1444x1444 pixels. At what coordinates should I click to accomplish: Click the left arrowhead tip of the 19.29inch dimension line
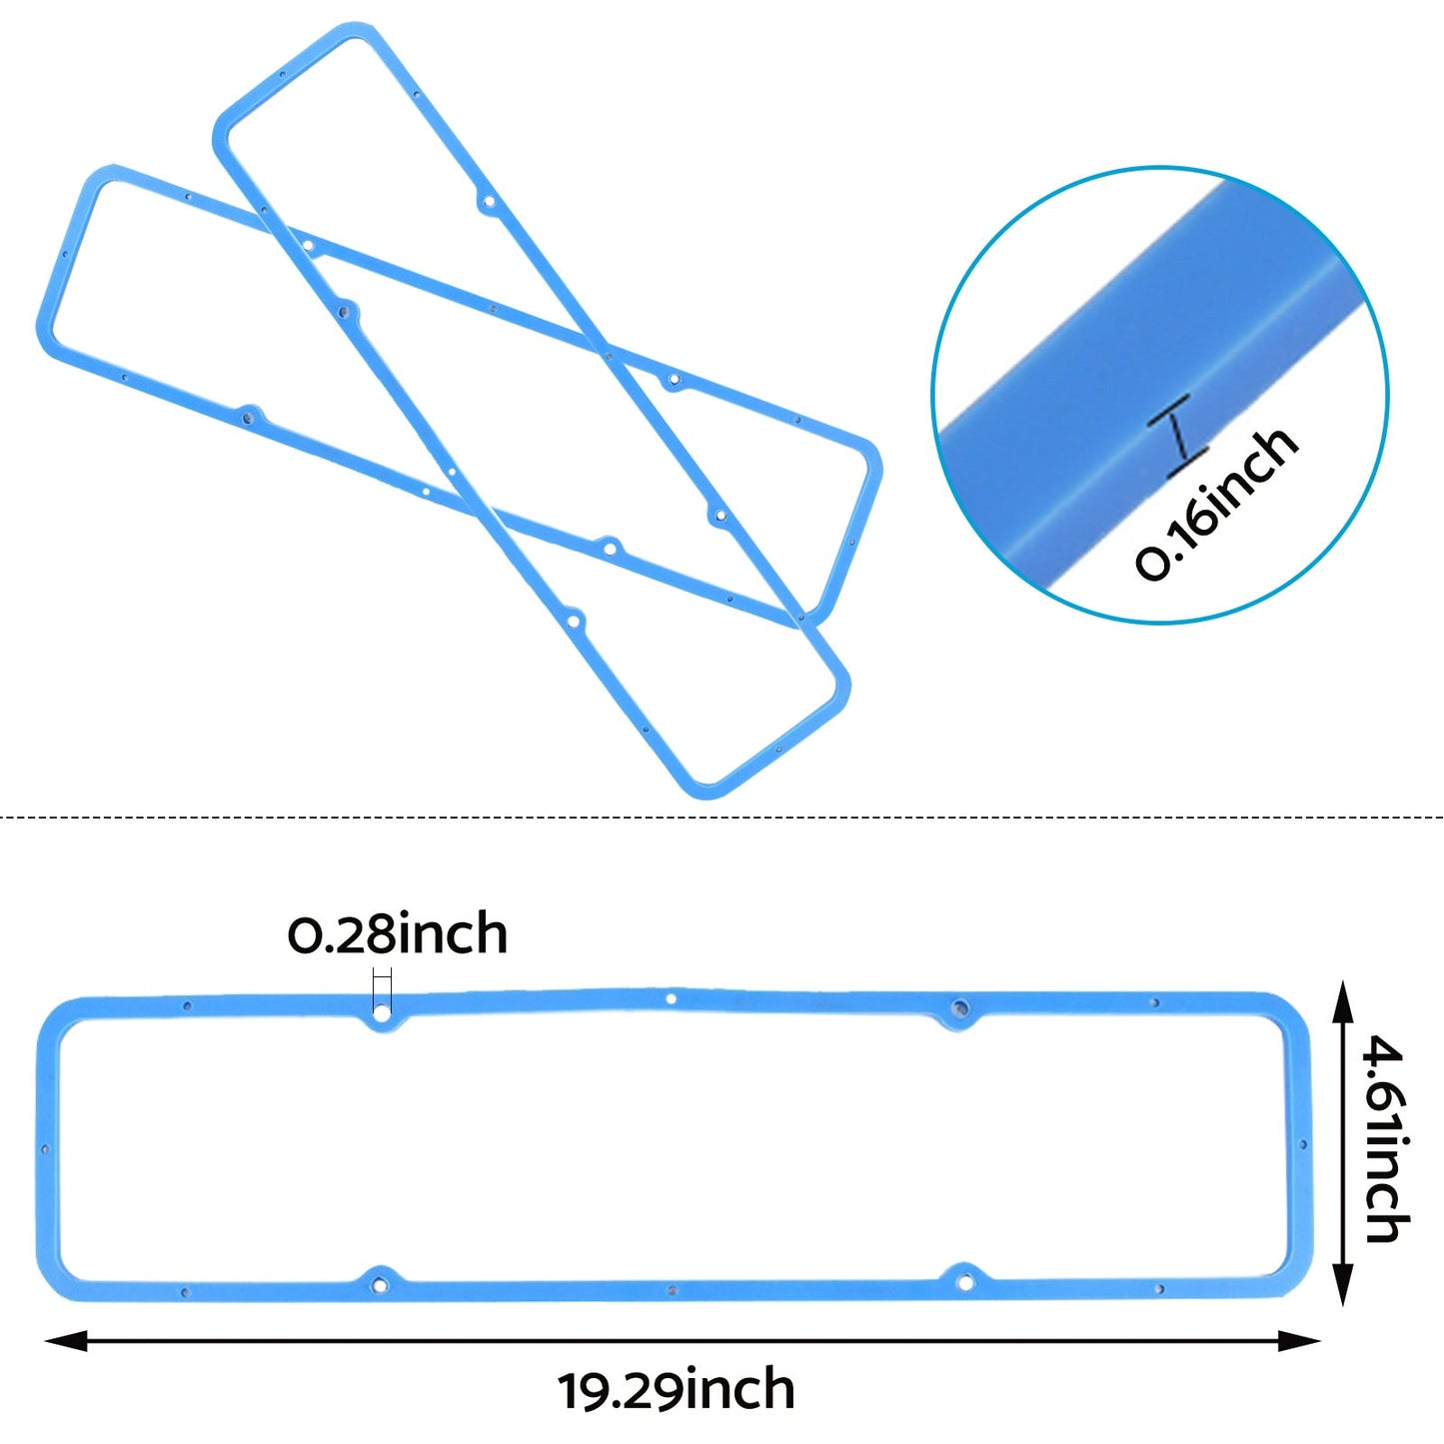click(46, 1341)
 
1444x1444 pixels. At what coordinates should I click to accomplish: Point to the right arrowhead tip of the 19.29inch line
click(1321, 1341)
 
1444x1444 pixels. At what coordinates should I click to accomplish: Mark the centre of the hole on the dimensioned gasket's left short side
click(44, 1149)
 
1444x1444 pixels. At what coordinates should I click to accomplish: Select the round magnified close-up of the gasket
click(1160, 395)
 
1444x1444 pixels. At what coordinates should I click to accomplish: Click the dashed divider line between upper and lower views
click(722, 816)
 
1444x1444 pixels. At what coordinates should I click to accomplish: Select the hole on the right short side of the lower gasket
click(1303, 1145)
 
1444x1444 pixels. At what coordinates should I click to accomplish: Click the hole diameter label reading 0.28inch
click(398, 933)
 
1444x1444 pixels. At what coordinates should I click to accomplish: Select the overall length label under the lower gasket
click(676, 1391)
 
